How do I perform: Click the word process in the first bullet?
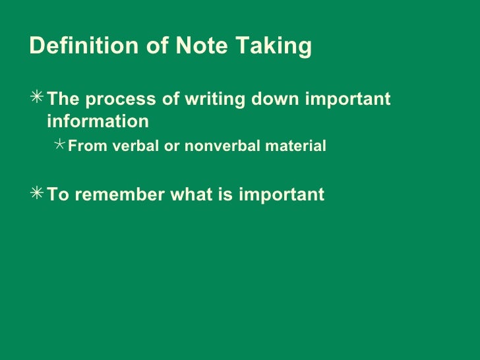tap(115, 100)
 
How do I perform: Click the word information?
tap(98, 122)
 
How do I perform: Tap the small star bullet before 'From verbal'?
tap(59, 145)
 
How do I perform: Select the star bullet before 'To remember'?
tap(38, 195)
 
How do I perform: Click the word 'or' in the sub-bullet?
tap(170, 146)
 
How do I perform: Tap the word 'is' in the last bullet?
tap(222, 195)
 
